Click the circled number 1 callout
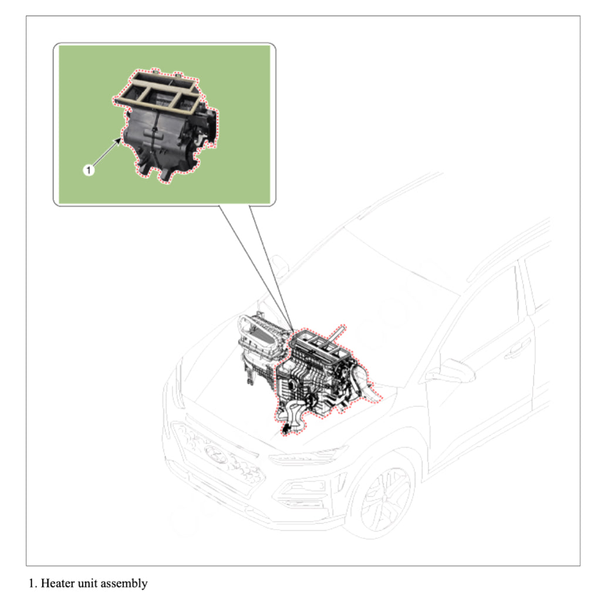pos(88,170)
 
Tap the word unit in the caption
pos(89,583)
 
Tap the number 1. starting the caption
pos(33,583)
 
